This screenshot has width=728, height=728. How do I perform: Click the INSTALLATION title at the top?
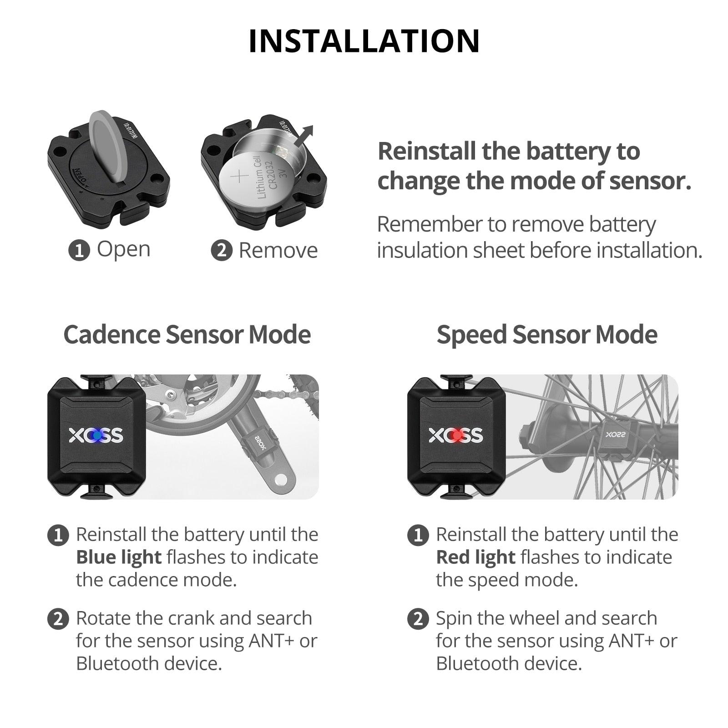click(364, 41)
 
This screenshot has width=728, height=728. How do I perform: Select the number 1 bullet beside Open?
click(79, 250)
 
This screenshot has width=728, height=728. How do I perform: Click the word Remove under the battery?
click(278, 250)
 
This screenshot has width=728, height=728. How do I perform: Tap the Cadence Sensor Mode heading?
click(187, 334)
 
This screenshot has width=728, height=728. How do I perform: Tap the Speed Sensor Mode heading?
click(547, 334)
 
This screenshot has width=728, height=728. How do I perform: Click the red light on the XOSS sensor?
click(456, 435)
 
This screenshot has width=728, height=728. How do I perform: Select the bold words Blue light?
click(119, 557)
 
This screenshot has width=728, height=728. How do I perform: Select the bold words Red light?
click(475, 557)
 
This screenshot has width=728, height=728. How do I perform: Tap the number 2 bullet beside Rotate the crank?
click(58, 619)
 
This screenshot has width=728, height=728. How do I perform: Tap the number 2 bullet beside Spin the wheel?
click(418, 619)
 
